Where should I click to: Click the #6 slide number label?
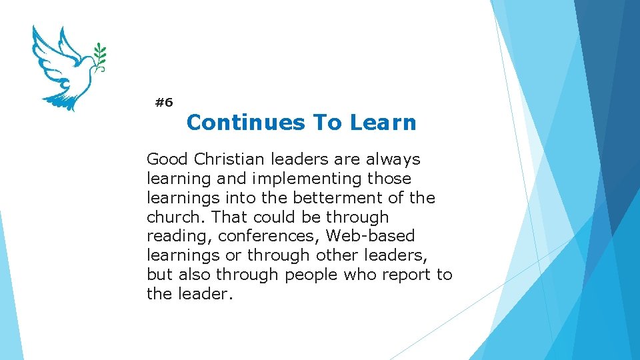tap(163, 103)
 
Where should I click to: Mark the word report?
tap(408, 275)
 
